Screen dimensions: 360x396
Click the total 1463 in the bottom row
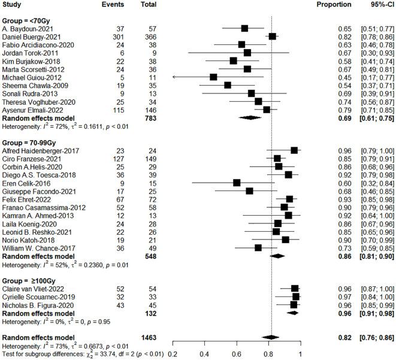click(x=144, y=337)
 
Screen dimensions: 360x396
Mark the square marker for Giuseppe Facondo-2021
click(x=249, y=174)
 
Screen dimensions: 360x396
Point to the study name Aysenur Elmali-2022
click(x=32, y=110)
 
